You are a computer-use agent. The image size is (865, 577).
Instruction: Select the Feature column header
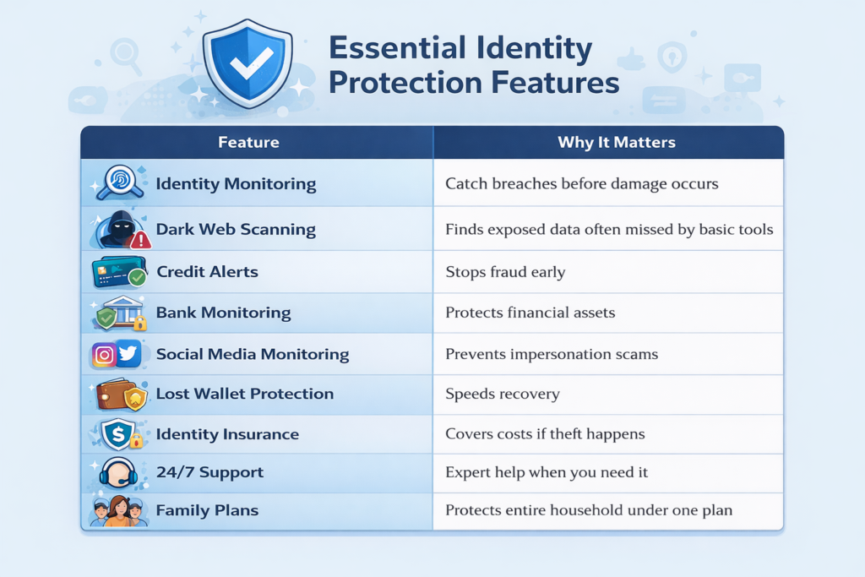pos(248,142)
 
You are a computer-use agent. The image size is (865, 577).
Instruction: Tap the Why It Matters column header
pos(616,142)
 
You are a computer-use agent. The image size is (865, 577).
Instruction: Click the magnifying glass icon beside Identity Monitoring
pos(117,182)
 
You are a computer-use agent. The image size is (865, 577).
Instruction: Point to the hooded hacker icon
pos(117,229)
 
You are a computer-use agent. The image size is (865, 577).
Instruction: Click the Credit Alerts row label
pos(207,272)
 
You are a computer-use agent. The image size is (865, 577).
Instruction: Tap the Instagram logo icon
pos(104,355)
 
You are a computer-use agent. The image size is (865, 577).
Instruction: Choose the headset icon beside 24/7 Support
pos(117,473)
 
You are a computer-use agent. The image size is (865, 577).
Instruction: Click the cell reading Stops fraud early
pos(504,272)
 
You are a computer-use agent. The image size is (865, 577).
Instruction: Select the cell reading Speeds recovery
pos(503,394)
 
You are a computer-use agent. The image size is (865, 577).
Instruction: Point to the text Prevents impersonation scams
pos(552,354)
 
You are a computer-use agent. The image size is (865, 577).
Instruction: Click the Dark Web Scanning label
pos(236,229)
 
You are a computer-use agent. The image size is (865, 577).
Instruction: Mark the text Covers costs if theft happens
pos(545,434)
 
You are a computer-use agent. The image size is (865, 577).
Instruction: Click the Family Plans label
pos(207,511)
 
